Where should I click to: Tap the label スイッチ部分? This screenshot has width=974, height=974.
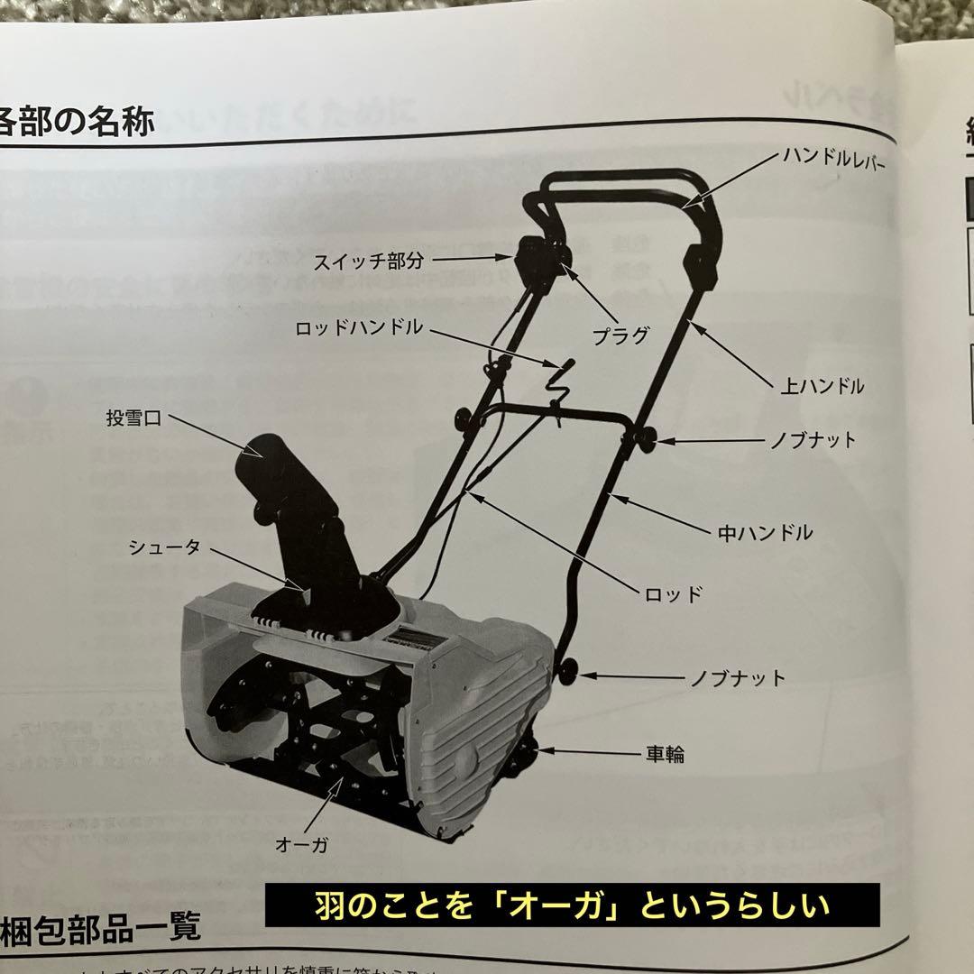(368, 262)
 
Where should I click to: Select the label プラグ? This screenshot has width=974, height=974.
(620, 335)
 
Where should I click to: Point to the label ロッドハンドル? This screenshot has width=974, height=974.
(358, 327)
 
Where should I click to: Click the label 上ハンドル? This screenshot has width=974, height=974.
(822, 386)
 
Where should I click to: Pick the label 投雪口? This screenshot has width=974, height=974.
(133, 419)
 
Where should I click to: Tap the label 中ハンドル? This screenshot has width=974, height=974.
(765, 532)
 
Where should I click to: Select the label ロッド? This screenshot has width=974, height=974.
(673, 594)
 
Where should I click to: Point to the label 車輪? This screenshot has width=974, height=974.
(664, 753)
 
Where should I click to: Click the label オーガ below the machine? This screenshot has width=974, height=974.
(301, 844)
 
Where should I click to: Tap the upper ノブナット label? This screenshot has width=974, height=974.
(813, 441)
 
